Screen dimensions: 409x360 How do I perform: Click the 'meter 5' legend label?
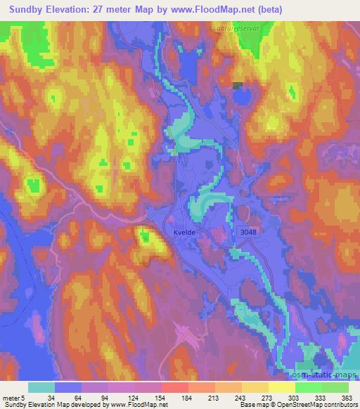pyautogui.click(x=14, y=398)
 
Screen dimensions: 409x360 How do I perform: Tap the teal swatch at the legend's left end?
pyautogui.click(x=41, y=388)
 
